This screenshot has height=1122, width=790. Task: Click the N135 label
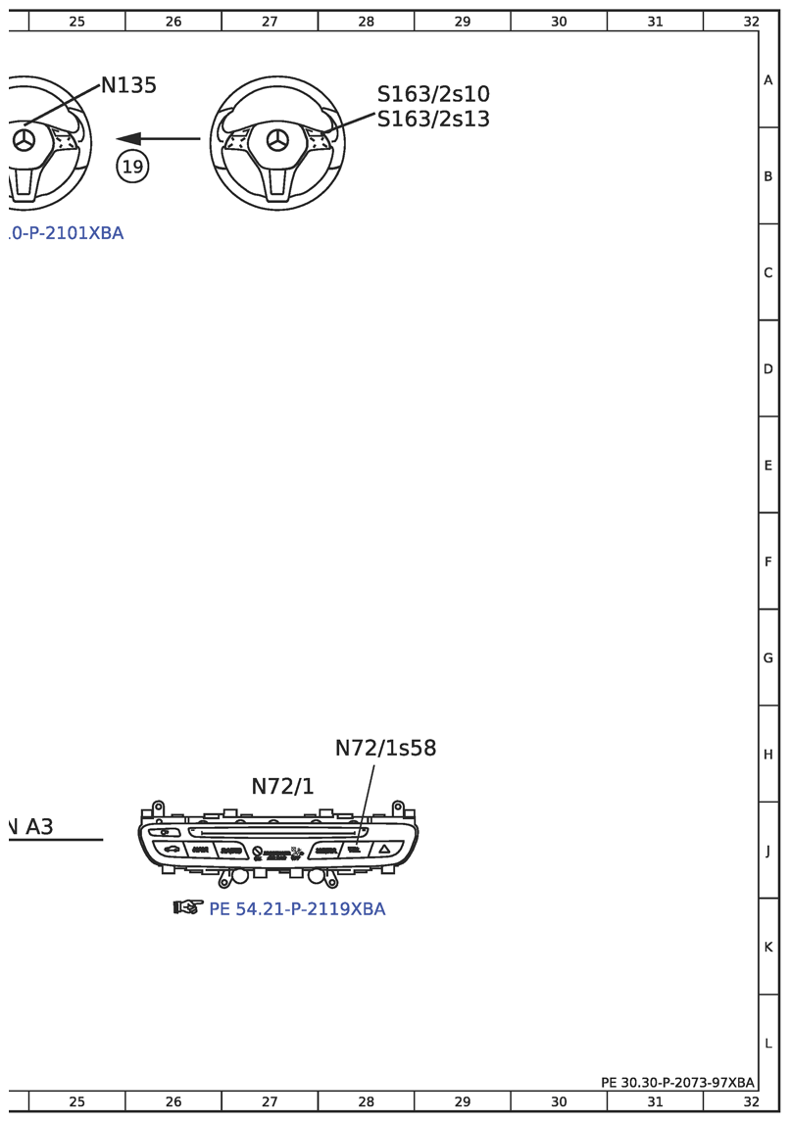coord(128,86)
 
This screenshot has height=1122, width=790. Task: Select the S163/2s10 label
coord(433,94)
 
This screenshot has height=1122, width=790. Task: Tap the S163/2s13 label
coord(433,119)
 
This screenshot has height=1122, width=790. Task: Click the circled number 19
coord(132,167)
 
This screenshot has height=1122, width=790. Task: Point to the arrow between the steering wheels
coord(157,138)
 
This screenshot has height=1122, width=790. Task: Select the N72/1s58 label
coord(385,748)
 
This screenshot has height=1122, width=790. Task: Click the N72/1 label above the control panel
coord(282,787)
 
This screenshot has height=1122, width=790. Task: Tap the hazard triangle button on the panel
coord(384,851)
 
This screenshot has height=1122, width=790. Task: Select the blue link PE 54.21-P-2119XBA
coord(297,909)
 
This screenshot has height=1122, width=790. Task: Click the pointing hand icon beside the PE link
coord(187,907)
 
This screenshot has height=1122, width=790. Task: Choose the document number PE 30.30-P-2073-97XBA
coord(677,1082)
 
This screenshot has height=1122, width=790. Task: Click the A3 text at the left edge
coord(34,827)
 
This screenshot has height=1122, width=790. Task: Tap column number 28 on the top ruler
coord(366,21)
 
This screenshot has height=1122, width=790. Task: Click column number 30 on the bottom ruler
coord(559,1101)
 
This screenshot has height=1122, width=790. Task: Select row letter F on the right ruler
coord(768,561)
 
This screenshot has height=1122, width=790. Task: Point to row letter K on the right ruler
coord(768,947)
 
